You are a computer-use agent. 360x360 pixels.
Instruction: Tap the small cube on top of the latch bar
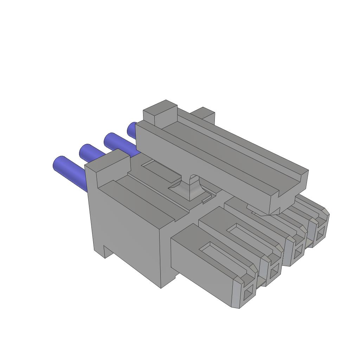coord(160,112)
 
